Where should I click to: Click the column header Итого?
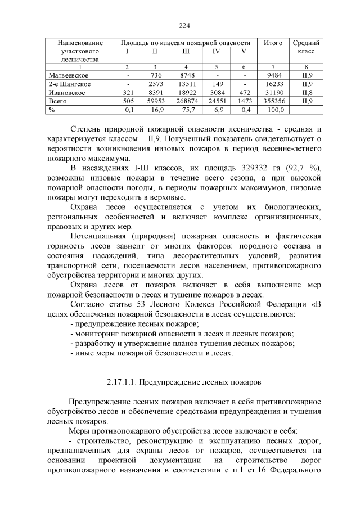[273, 43]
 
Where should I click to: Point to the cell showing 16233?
[273, 84]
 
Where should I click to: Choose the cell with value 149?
[216, 84]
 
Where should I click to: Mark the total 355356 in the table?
[273, 101]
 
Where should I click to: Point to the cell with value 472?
[244, 92]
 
